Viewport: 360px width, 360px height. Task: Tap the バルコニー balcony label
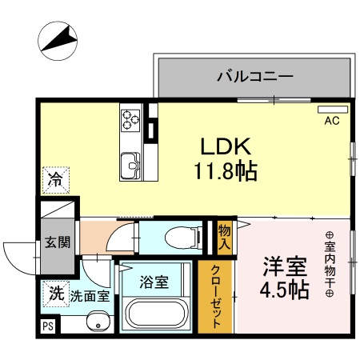[x=254, y=78]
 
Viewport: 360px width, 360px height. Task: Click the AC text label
[x=332, y=122]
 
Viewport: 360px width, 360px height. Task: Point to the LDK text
[x=226, y=147]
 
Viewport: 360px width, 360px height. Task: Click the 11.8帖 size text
[x=225, y=170]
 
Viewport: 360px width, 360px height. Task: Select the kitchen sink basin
[x=130, y=167]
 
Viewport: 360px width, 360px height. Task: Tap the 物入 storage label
[x=225, y=237]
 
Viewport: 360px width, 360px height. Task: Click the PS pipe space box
[x=46, y=326]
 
